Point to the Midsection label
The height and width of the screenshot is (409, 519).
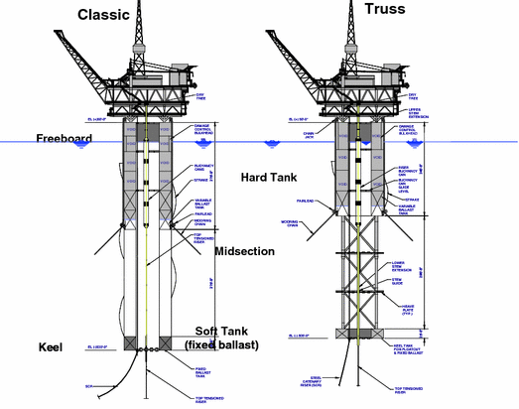coord(244,251)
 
